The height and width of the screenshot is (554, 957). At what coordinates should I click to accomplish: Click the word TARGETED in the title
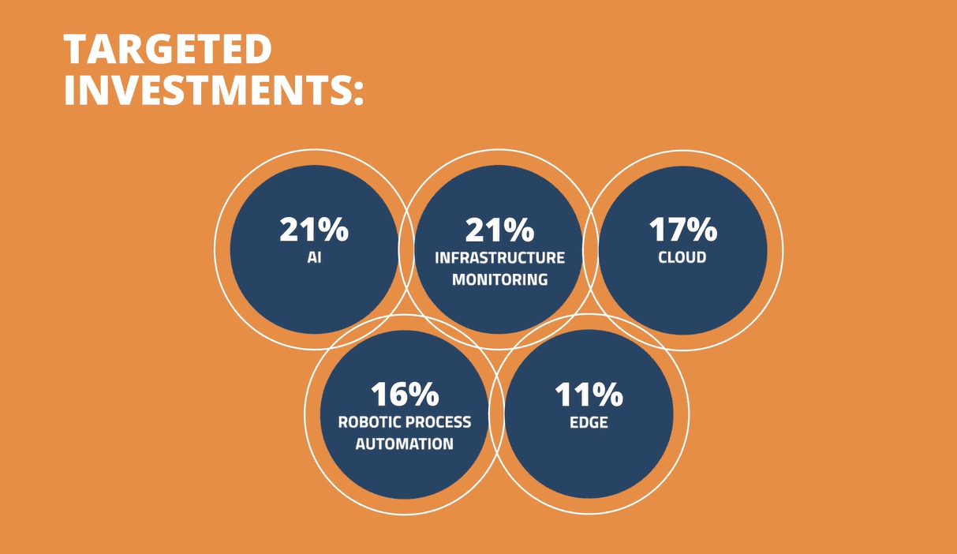point(168,49)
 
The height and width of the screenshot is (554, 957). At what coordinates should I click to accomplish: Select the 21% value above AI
point(314,230)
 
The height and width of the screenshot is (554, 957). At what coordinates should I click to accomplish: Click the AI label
point(314,257)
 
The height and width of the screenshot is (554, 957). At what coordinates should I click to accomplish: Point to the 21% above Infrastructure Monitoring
point(499,230)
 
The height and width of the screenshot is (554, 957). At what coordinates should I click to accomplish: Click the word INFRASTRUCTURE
point(499,258)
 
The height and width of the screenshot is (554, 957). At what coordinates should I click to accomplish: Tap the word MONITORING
point(499,279)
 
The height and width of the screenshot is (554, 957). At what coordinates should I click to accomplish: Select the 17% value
point(682,230)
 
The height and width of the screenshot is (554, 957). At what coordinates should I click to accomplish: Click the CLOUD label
point(682,257)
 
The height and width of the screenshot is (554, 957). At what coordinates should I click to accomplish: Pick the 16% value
point(405,394)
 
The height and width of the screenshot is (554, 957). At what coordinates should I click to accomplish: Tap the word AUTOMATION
point(405,444)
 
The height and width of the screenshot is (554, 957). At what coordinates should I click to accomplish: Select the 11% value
point(589,394)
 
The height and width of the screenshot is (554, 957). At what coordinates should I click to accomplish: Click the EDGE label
point(589,422)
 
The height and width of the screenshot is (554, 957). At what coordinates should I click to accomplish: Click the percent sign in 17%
point(702,230)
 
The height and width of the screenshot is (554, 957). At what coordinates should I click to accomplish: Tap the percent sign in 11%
point(608,394)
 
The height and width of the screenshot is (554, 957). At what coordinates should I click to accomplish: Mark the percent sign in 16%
point(424,394)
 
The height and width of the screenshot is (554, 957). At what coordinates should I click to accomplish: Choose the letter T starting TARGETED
point(76,49)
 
